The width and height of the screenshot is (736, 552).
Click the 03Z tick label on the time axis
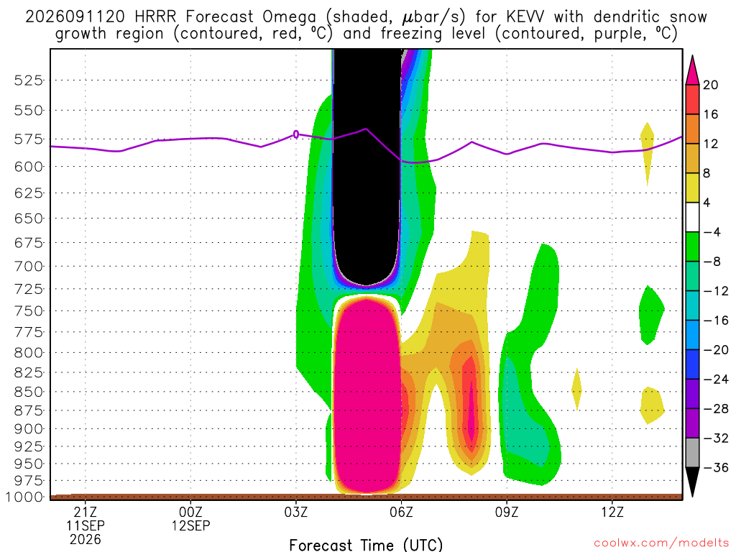(x=295, y=512)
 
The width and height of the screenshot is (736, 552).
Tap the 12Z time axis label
(x=612, y=512)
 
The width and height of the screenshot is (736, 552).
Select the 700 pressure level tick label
(x=28, y=266)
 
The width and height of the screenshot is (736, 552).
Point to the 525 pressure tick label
(x=28, y=80)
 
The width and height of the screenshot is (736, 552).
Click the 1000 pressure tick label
(x=24, y=497)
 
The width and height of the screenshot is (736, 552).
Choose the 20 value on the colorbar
(x=711, y=85)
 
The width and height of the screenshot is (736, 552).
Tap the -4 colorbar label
(x=712, y=232)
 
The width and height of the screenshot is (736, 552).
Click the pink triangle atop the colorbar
(x=692, y=70)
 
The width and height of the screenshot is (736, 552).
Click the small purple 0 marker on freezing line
(x=296, y=134)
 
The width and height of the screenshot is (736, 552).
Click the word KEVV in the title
(x=525, y=17)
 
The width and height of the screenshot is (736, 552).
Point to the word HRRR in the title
(x=155, y=17)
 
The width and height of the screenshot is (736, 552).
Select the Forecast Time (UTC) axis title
(x=366, y=545)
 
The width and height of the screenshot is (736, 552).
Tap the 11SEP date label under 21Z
(x=86, y=525)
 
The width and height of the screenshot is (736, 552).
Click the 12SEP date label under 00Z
(x=190, y=525)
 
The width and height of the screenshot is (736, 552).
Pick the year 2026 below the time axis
(x=86, y=540)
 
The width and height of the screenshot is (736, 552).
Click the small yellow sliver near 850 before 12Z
(x=577, y=389)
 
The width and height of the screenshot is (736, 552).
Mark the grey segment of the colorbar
(x=692, y=453)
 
